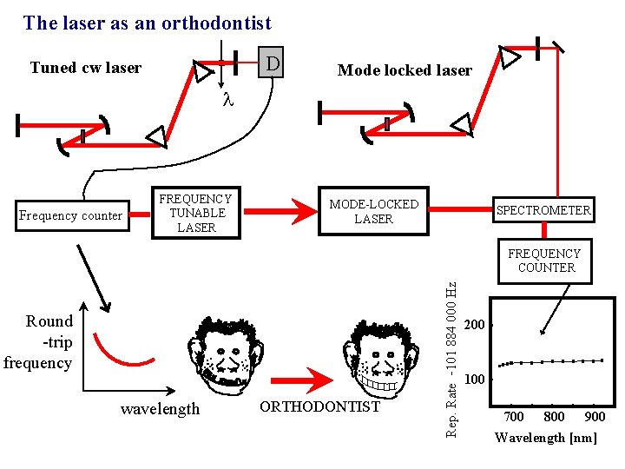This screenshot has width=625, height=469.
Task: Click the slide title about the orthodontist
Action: (x=148, y=23)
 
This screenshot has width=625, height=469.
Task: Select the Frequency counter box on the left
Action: (x=71, y=215)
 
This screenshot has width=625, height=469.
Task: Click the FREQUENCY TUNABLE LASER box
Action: (x=196, y=213)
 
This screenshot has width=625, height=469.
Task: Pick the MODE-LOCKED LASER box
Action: (x=373, y=212)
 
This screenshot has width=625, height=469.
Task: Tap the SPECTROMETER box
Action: (x=543, y=210)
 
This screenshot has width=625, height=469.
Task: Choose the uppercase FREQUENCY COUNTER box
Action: (x=545, y=261)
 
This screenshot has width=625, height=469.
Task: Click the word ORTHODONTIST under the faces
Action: (x=320, y=406)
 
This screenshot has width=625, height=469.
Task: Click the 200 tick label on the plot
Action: (x=475, y=325)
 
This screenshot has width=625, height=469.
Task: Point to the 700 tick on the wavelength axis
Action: (x=514, y=418)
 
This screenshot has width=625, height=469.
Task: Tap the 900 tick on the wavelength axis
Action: (x=595, y=418)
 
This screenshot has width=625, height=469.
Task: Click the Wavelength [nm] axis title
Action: (x=546, y=437)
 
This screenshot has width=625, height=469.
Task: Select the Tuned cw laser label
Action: (x=85, y=68)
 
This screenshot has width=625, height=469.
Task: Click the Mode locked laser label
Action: (x=405, y=70)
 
